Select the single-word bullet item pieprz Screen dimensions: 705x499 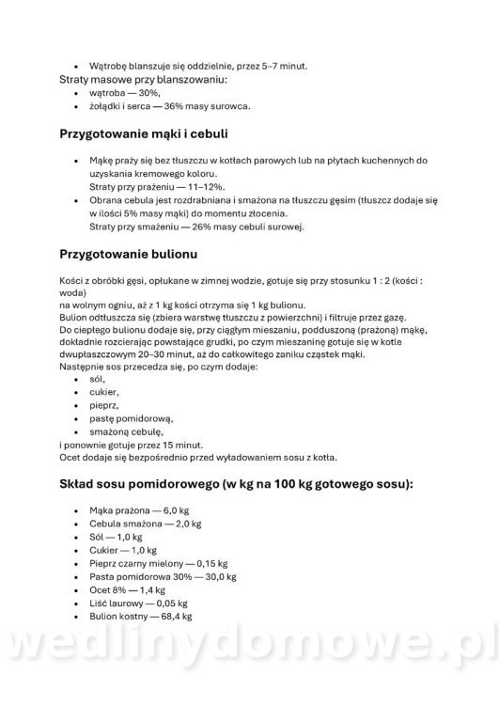coord(103,404)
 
